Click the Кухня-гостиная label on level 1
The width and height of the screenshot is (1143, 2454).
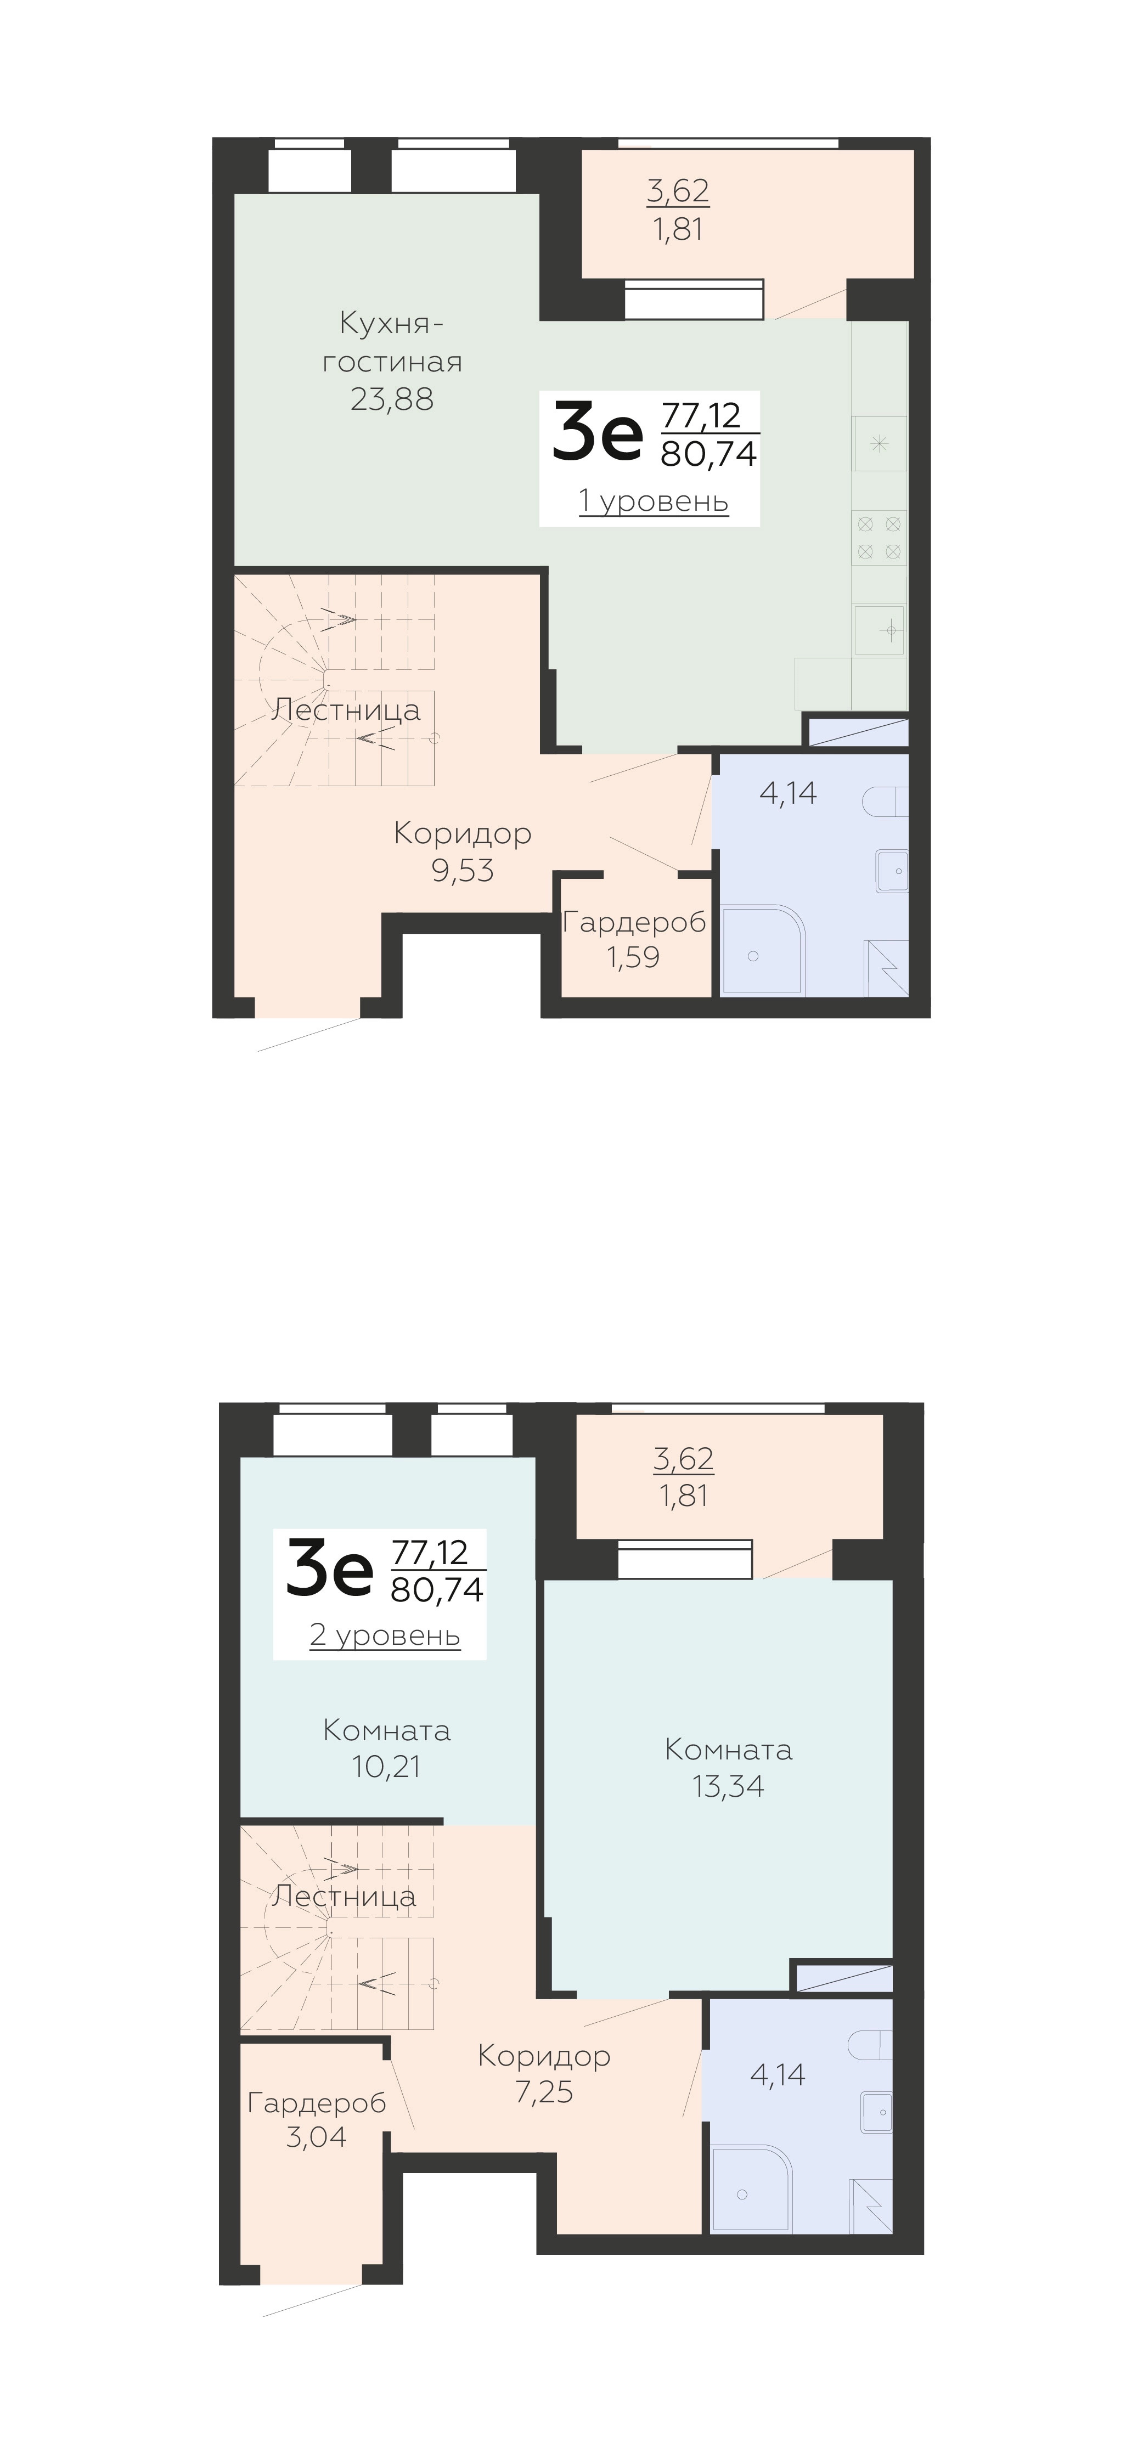[392, 343]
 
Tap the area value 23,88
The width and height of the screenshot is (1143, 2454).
[392, 399]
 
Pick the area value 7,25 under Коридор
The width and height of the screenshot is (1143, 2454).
[544, 2092]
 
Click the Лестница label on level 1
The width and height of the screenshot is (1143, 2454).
[346, 710]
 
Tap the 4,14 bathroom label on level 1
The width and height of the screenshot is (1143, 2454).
[788, 793]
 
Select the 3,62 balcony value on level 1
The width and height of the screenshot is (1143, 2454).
[678, 190]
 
